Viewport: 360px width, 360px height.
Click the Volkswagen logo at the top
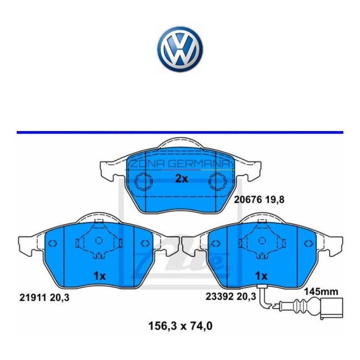(180, 48)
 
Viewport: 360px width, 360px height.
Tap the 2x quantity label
(181, 179)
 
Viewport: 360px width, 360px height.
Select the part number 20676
(245, 198)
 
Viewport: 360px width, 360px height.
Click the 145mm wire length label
(321, 292)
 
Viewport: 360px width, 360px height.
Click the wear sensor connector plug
(331, 309)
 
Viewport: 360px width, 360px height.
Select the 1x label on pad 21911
(99, 276)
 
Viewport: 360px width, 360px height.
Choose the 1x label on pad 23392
(261, 275)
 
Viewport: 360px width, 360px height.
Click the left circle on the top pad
(144, 182)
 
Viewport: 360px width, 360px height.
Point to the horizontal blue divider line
(180, 132)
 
